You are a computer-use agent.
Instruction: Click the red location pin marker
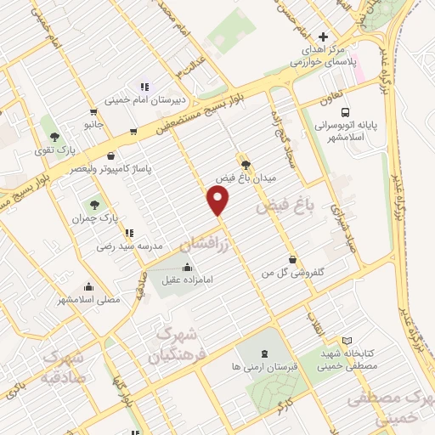[x=219, y=200]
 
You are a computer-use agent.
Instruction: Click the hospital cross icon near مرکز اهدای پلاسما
[x=322, y=37]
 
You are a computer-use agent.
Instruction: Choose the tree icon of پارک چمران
[x=95, y=204]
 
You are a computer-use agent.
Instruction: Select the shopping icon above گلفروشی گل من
[x=293, y=259]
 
